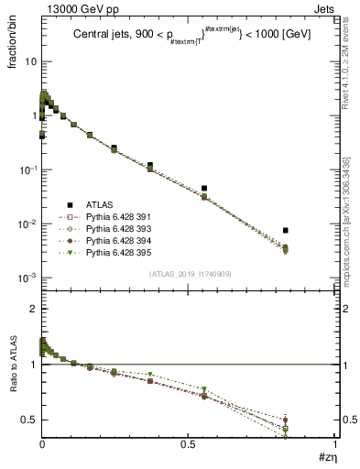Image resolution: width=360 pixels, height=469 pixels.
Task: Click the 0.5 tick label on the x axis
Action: [x=189, y=442]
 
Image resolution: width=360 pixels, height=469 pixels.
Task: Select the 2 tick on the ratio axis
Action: [x=32, y=309]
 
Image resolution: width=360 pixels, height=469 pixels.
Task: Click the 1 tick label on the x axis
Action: [x=335, y=442]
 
